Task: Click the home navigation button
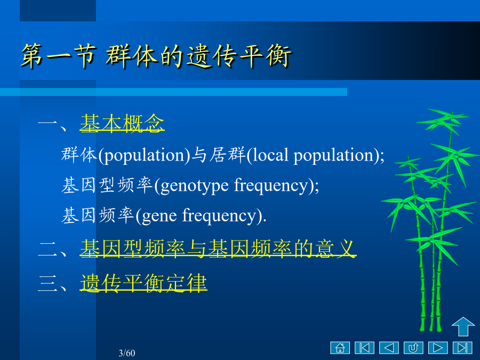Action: coord(340,348)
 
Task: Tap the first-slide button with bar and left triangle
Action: coord(364,348)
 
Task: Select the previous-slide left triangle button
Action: coord(389,348)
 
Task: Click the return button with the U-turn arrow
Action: coord(413,348)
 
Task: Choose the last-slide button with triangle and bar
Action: coord(462,348)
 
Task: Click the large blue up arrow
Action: coord(463,326)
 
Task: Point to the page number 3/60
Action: coord(127,353)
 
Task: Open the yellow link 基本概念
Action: coord(122,123)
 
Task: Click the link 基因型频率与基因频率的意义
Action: coord(218,248)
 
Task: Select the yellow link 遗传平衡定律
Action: coord(143,283)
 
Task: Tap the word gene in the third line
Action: coord(159,217)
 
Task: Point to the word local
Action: coord(270,155)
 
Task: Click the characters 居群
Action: coord(227,154)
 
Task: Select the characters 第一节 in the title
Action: coord(59,56)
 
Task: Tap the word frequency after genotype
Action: coord(271,186)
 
